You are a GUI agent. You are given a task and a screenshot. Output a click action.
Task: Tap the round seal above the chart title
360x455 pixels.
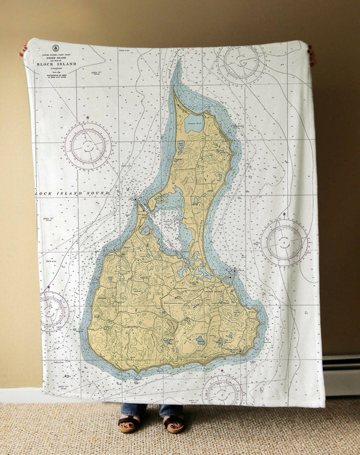56,47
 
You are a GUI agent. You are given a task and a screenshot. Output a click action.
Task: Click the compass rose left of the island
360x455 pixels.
88,146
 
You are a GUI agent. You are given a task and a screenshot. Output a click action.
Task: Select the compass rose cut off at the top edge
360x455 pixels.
241,62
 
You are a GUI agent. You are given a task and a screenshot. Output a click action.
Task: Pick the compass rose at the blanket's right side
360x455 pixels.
285,242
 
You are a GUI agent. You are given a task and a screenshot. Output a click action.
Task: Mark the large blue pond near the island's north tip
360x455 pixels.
194,124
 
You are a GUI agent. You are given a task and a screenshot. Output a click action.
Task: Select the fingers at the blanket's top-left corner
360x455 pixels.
23,49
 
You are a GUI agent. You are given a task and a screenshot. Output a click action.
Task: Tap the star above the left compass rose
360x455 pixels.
88,117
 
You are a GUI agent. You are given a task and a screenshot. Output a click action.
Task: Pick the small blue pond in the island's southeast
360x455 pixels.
200,340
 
